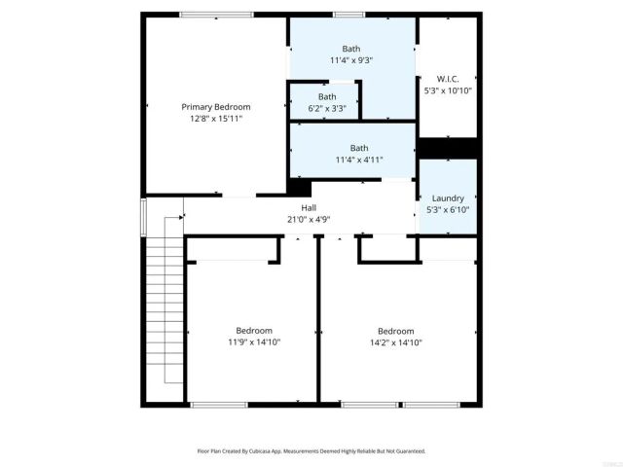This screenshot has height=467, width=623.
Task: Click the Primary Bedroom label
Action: coord(216,106)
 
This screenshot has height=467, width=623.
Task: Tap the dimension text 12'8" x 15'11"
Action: coord(216,118)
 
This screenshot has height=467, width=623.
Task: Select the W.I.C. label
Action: coord(448,79)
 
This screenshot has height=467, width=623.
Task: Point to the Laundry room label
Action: coord(448,198)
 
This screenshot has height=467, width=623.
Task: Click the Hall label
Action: coord(309,208)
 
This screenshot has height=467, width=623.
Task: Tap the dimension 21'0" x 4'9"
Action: coord(309,220)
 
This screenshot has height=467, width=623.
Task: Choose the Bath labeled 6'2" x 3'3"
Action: coord(327,96)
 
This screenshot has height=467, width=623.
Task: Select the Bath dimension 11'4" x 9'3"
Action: coord(351,59)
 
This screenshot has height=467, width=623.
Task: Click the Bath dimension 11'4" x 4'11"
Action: coord(351,160)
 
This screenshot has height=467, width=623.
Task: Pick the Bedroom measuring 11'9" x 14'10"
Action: coord(254,330)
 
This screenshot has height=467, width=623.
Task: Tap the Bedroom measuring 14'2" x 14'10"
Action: coord(395,330)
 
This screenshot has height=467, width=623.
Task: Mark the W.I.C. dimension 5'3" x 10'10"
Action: coord(448,90)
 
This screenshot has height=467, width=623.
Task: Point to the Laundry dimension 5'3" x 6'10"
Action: coord(448,210)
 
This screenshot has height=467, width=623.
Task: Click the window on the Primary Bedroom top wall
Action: coord(216,15)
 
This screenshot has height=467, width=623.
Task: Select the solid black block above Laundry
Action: coord(448,147)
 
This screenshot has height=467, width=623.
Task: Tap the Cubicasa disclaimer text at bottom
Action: coord(311,451)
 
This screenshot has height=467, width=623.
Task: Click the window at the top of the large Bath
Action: coord(349,15)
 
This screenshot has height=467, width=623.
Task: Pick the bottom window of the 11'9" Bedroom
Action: coord(220,404)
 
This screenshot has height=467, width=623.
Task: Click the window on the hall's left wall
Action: coord(144,217)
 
